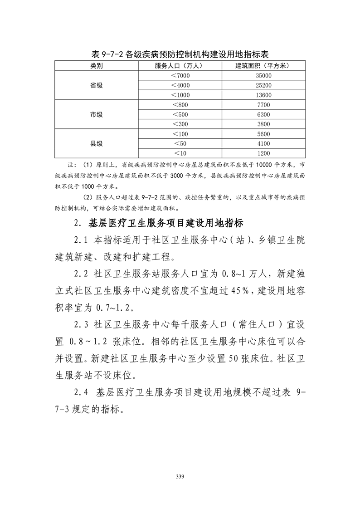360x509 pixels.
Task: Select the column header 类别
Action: pos(96,66)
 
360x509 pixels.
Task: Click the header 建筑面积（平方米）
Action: pos(263,66)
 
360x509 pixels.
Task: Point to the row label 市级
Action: pos(96,114)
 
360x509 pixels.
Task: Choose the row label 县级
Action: pos(96,143)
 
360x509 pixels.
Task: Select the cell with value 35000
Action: pos(263,76)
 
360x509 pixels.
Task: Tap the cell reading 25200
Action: pos(263,85)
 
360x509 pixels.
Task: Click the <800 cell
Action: pos(180,105)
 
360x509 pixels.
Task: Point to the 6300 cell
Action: pos(263,114)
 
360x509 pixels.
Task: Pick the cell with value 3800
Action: pos(263,124)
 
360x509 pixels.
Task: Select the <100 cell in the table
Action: pos(180,134)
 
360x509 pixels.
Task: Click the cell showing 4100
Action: pos(263,144)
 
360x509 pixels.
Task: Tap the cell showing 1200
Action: pos(263,153)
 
